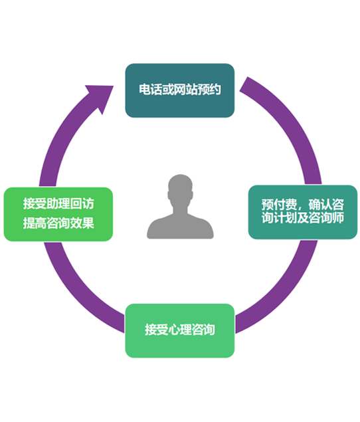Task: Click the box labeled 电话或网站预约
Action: pyautogui.click(x=180, y=90)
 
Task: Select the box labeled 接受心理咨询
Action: pyautogui.click(x=180, y=331)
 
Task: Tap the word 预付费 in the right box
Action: pyautogui.click(x=279, y=205)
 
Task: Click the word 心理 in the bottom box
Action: pyautogui.click(x=180, y=330)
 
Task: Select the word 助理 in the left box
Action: pyautogui.click(x=58, y=203)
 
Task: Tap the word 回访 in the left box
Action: pyautogui.click(x=82, y=203)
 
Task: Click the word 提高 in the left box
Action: pyautogui.click(x=35, y=223)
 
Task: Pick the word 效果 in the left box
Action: pyautogui.click(x=82, y=223)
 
